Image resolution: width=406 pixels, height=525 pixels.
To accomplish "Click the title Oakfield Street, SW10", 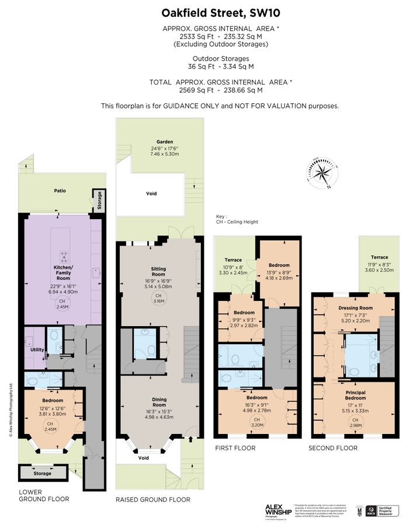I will coord(203,13).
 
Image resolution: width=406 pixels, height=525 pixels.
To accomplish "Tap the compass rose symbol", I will coord(320,173).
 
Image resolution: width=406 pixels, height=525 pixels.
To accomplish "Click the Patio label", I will coord(60,190).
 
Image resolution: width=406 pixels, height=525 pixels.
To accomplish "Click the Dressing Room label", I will coord(355,307).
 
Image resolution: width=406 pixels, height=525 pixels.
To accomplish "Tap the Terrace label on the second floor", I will coord(379,257).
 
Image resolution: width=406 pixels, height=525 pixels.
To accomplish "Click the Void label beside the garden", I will coord(151,194).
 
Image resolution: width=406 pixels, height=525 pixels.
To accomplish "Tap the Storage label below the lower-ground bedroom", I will coord(42,473).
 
